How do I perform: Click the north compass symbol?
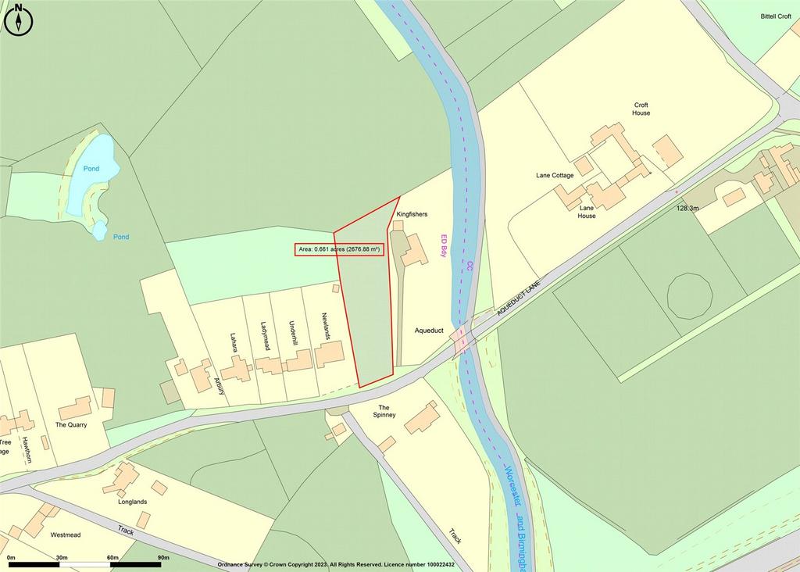point(19,20)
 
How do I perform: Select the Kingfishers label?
point(412,213)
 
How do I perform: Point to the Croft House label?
point(641,109)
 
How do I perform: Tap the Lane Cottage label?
point(555,176)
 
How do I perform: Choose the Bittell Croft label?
point(776,16)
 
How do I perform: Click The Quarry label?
point(71,425)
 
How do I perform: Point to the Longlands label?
point(132,502)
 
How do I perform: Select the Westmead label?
point(66,535)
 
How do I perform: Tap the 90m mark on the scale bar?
point(163,558)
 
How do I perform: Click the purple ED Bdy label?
point(444,246)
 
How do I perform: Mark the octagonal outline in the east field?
point(690,296)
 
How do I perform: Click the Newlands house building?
point(329,354)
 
